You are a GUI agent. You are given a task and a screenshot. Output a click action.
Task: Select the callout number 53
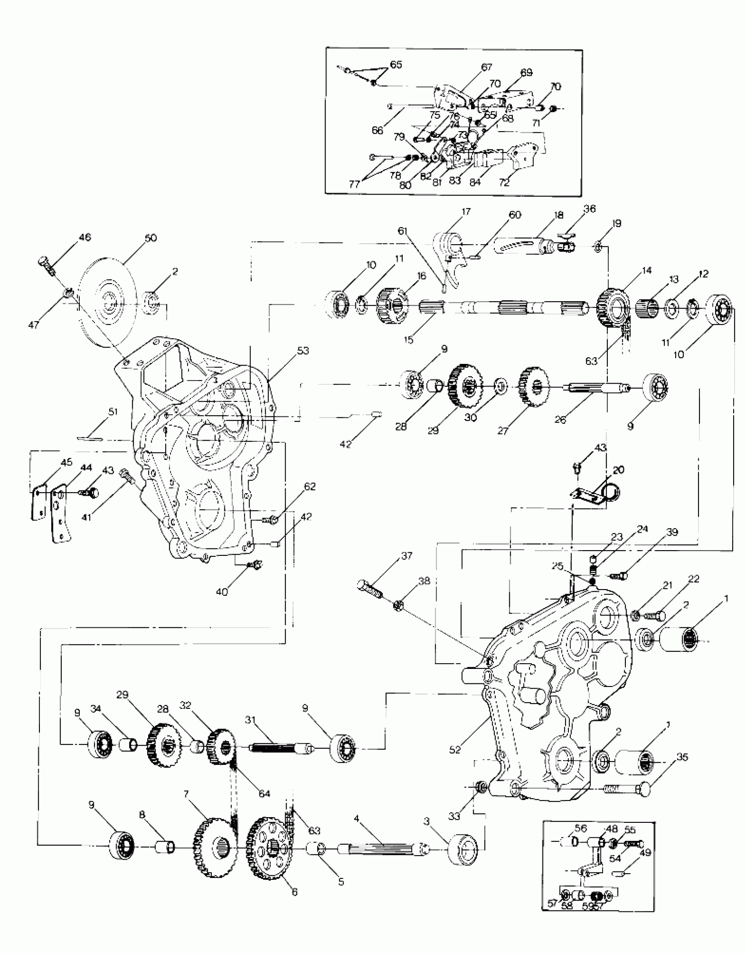click(303, 350)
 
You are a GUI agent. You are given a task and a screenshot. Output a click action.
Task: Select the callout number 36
click(589, 209)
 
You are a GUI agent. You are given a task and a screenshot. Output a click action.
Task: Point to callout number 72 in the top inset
click(504, 182)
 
